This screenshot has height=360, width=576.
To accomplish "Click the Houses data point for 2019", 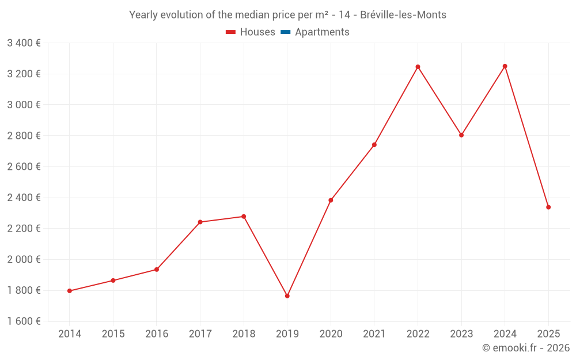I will pos(287,296).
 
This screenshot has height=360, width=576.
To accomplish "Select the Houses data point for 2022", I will pos(418,67).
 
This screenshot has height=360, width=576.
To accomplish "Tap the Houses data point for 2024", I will pos(505,66).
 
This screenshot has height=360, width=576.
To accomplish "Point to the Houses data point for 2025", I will pos(548,207).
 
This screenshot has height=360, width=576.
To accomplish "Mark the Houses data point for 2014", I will pos(70,291).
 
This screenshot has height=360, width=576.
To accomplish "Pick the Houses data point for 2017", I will pos(200,222).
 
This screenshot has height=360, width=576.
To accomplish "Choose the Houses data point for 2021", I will pos(374,145).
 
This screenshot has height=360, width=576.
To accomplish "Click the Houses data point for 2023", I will pos(461,135).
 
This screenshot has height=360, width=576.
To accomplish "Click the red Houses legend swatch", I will pos(231,32).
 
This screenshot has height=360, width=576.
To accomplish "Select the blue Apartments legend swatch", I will pos(286,32).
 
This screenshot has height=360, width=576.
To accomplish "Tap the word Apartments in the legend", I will pos(322,32).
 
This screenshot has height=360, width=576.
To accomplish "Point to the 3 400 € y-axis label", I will pos(24,43).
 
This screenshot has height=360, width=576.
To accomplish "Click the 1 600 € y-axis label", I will pos(24,321).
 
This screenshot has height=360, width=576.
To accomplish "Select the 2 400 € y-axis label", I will pos(24,198).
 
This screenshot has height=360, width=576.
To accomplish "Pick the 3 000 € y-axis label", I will pos(24,105).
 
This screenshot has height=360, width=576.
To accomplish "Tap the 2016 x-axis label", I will pos(157,334).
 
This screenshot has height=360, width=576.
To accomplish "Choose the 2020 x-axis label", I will pos(331,334).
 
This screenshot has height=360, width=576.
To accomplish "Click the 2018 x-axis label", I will pos(244,334).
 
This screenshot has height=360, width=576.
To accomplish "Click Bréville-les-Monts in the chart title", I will pos(403,15).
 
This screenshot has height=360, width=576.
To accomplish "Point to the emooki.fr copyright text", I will pos(525,348).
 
